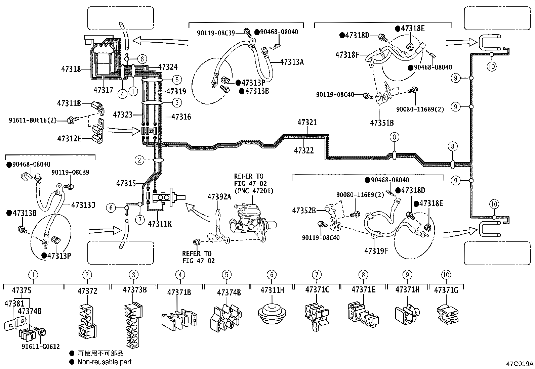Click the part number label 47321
307,123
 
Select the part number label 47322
304,151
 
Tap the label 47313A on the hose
292,62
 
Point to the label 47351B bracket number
382,123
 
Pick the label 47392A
219,197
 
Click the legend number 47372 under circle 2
87,291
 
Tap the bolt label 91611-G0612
41,347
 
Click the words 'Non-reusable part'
105,362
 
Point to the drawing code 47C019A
520,364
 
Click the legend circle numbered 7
316,275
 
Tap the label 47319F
376,250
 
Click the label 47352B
304,211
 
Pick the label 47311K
160,224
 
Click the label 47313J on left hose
83,205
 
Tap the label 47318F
347,55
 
